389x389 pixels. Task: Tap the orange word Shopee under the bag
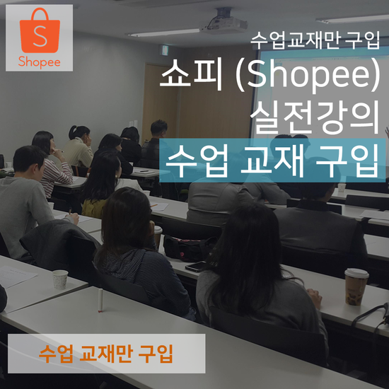pos(39,62)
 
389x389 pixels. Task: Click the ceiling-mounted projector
pos(224,22)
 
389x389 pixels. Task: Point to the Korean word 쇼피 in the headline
pos(191,74)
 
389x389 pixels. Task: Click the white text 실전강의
pos(315,117)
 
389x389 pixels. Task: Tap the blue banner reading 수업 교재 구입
pos(272,161)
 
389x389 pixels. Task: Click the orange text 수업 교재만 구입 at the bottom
pos(106,353)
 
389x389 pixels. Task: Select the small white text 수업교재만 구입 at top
pos(315,40)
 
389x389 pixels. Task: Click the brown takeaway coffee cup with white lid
pos(356,286)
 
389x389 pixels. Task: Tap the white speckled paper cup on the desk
pos(60,279)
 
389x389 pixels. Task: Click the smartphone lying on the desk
pos(196,267)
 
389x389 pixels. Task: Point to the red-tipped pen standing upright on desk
pos(100,300)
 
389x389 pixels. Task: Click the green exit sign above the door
pos(164,50)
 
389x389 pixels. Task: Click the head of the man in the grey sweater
pos(29,163)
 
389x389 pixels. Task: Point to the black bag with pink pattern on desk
pos(189,248)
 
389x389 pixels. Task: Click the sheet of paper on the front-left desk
pos(16,276)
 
